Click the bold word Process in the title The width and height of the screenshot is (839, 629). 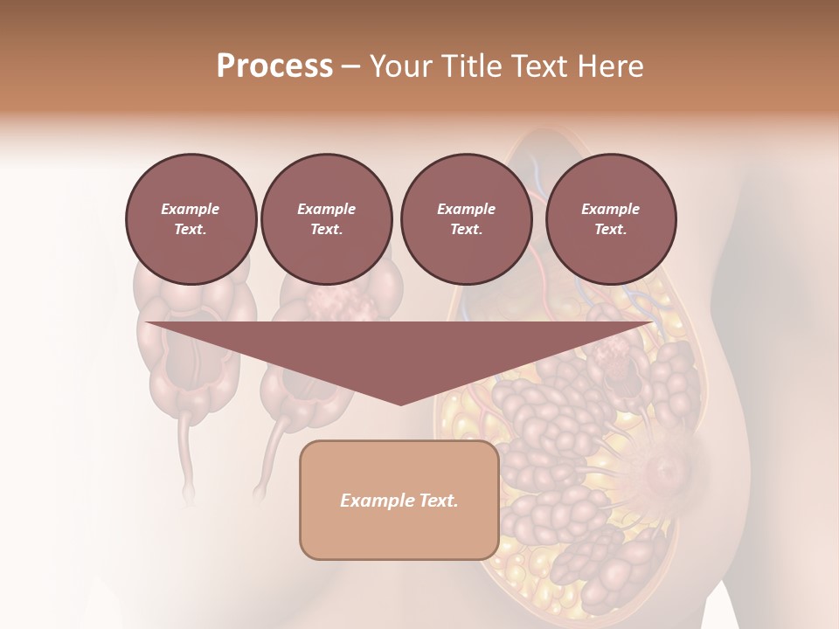click(x=274, y=66)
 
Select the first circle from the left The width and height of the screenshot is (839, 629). click(x=191, y=219)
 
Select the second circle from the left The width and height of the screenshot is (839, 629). click(x=327, y=219)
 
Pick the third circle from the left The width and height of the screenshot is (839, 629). click(x=466, y=219)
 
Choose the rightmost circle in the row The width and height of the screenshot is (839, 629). click(x=611, y=219)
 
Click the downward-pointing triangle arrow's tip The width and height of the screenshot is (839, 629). click(x=400, y=403)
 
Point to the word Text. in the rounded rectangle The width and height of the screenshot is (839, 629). click(x=439, y=501)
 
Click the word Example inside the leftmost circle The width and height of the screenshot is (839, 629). click(x=191, y=209)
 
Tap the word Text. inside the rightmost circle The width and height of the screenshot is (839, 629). click(x=611, y=230)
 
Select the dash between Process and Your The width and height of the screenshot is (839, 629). click(x=350, y=66)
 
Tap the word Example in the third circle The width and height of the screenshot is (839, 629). click(x=466, y=209)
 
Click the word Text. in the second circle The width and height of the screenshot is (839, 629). click(x=327, y=230)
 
